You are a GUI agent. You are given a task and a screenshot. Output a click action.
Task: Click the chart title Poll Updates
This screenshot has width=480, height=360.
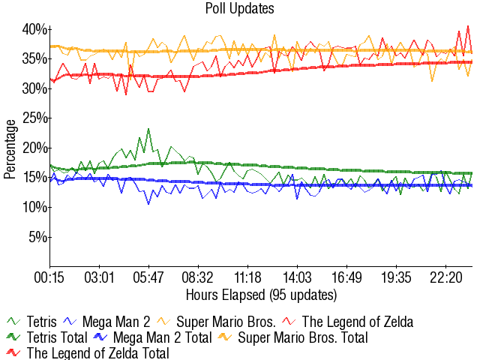point(239,9)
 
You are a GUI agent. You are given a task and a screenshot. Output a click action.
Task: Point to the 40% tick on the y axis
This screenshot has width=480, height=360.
point(34,29)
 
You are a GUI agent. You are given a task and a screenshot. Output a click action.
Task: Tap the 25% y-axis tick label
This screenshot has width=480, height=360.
point(34,118)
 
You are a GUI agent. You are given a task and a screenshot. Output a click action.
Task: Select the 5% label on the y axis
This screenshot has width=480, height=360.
point(38,237)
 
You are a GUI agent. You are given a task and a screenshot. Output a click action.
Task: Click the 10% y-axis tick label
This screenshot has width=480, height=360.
point(34,207)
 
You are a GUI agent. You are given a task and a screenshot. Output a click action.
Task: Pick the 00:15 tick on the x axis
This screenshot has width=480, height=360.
point(50,277)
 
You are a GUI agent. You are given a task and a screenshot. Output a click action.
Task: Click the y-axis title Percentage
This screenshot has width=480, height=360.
point(10,148)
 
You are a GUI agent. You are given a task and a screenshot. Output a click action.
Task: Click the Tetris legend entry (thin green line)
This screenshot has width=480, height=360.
point(31,322)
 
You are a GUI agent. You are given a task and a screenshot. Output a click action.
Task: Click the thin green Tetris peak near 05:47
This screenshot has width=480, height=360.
point(148,129)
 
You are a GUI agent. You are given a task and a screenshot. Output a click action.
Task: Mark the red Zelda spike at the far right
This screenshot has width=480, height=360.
point(468,27)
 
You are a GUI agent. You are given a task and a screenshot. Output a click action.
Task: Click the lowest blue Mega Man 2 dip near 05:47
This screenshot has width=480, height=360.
point(148,203)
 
